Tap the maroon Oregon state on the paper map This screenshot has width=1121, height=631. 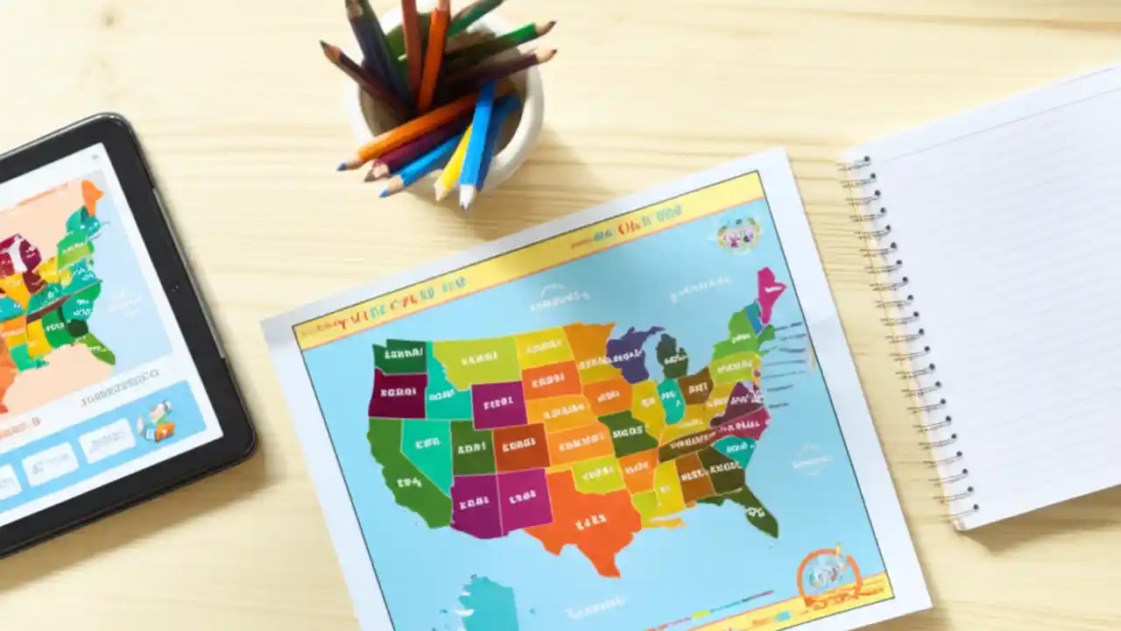[x=396, y=393]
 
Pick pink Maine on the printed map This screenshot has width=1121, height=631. [x=770, y=294]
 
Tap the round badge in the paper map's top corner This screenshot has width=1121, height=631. [x=737, y=235]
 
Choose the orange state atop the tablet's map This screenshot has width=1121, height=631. [x=91, y=195]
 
